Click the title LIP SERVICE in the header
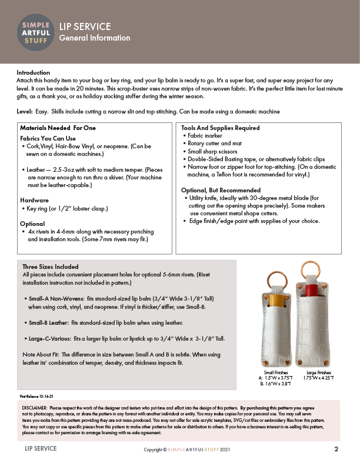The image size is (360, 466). tap(85, 26)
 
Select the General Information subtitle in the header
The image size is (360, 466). tap(94, 38)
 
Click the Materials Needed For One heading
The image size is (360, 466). tap(58, 128)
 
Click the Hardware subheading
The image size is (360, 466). tap(35, 200)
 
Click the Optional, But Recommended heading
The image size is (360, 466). tap(221, 190)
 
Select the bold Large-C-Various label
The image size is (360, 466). tap(52, 339)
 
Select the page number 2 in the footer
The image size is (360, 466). tap(336, 449)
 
